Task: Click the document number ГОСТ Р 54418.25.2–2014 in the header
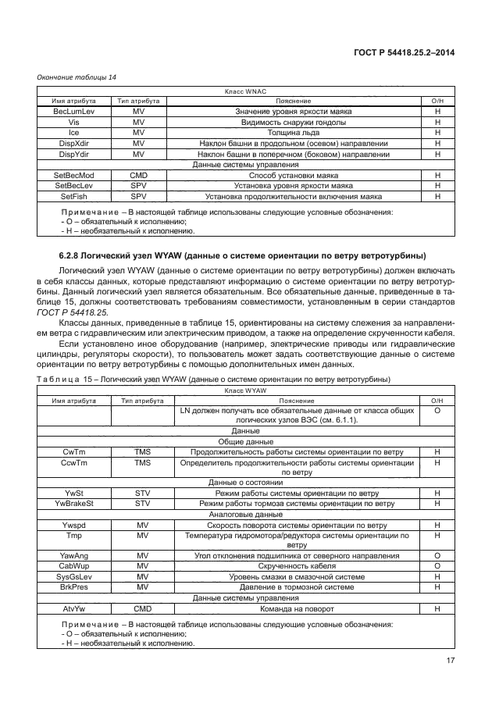point(406,52)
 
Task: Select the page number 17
point(449,661)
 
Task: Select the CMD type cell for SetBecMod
point(139,176)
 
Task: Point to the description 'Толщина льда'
point(294,134)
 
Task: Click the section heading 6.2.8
point(242,256)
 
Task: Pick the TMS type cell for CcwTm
point(141,463)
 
